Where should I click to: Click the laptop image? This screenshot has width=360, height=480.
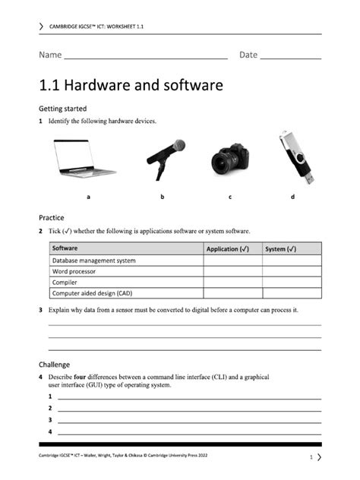[84, 160]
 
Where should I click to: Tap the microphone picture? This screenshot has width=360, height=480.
[166, 158]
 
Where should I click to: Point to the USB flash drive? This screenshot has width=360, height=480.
[295, 158]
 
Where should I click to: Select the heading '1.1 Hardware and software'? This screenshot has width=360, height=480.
[131, 85]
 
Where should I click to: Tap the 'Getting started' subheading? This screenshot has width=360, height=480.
[62, 109]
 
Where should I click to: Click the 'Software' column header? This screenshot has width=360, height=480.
[65, 248]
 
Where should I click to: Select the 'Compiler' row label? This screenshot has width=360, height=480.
[65, 282]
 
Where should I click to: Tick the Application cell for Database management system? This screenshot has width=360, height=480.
[232, 261]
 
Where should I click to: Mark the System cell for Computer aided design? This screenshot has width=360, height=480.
[292, 292]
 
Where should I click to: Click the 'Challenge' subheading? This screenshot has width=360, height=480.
[54, 364]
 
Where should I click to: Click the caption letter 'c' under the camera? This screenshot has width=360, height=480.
[229, 197]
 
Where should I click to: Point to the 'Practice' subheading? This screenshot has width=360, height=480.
[51, 217]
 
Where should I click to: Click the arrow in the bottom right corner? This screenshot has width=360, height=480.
[319, 456]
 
